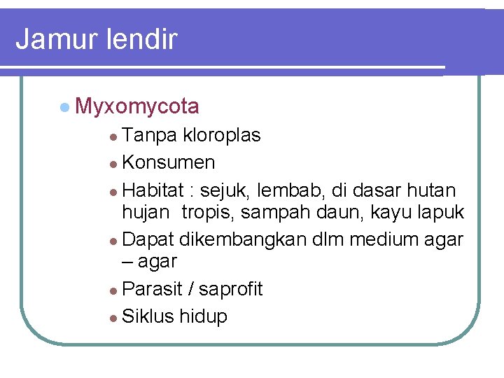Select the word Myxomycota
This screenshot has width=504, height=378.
tap(136, 107)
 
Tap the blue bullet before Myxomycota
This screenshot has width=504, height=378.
tap(64, 106)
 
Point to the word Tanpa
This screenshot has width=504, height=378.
tap(150, 135)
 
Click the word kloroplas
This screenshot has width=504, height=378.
tap(222, 135)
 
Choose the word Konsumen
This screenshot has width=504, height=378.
tap(169, 163)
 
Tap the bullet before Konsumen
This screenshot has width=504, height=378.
tap(114, 164)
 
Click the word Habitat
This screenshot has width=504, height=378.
tap(152, 190)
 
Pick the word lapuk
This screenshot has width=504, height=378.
tap(440, 211)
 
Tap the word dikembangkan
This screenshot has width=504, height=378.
tap(243, 239)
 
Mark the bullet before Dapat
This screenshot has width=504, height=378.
tap(114, 240)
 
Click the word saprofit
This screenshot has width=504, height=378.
tap(230, 289)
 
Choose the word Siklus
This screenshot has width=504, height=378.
tap(148, 316)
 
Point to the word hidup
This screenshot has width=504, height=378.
tap(204, 316)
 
